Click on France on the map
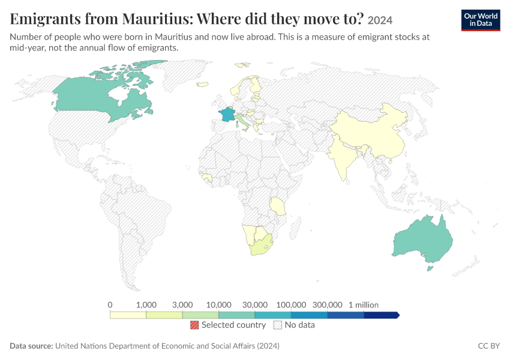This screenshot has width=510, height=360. point(227,115)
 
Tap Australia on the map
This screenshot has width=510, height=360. point(423,241)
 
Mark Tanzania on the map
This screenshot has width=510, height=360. point(278,206)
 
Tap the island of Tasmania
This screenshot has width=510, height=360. point(430,268)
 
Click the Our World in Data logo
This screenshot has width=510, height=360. point(481,20)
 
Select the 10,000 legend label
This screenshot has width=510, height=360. point(218,305)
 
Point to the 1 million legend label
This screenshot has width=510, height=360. point(364,305)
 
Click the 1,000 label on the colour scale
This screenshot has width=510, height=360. point(146,305)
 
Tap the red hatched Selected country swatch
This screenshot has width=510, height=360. point(194,325)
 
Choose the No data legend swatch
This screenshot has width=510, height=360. point(278,325)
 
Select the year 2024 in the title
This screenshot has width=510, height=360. point(380,20)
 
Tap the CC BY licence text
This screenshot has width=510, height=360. point(488,346)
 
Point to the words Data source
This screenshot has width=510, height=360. point(31,346)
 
